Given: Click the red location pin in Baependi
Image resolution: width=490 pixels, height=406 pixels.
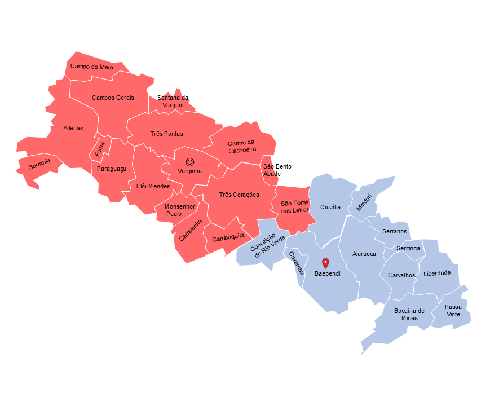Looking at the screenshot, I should (325, 263).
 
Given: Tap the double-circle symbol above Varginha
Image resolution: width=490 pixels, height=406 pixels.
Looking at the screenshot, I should (190, 162).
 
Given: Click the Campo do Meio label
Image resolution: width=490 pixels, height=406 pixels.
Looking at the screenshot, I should (92, 67).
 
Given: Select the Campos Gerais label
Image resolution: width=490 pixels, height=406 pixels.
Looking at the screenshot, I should (113, 98).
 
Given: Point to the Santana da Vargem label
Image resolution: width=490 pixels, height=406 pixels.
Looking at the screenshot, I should (173, 101).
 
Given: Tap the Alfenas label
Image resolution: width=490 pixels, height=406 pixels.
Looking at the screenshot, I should (73, 128).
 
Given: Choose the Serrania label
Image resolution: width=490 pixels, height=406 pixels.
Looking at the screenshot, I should (39, 164).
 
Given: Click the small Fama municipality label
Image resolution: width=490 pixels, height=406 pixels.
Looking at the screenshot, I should (100, 149).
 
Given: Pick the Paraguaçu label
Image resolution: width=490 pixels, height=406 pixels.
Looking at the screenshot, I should (112, 169).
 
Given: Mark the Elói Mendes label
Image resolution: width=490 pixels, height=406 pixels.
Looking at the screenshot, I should (153, 186).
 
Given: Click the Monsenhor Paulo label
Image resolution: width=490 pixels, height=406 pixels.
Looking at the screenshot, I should (180, 210).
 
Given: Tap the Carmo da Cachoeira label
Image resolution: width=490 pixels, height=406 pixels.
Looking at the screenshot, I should (242, 146).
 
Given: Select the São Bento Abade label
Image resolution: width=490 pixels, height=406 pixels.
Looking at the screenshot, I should (277, 170).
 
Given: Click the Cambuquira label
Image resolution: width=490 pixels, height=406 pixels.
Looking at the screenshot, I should (228, 237).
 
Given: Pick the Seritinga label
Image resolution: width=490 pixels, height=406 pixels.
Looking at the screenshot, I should (408, 249).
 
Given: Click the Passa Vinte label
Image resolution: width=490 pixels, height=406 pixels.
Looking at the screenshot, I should (453, 311).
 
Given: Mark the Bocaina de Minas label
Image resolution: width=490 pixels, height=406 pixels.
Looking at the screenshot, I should (409, 314).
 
